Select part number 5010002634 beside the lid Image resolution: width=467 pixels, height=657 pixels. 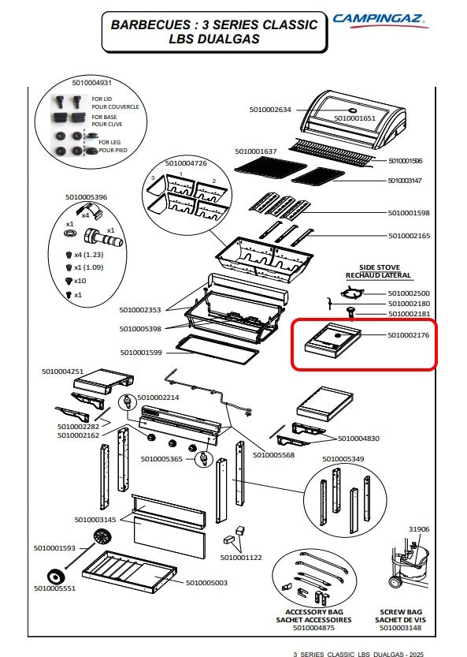270,110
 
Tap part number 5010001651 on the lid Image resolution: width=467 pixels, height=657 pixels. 354,118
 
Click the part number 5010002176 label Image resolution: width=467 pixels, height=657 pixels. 408,335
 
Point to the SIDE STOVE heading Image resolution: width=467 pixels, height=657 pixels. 379,267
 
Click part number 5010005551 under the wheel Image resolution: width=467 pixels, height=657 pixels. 55,588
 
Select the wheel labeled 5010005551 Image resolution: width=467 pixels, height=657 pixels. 55,577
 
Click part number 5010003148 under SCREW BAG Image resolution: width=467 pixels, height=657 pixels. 401,628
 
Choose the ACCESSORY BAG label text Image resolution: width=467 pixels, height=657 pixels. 314,612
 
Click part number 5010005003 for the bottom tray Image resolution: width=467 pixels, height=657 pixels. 206,583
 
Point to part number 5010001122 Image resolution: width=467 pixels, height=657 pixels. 241,558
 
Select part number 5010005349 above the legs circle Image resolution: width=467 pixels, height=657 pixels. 343,459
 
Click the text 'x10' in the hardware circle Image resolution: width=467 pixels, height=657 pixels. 80,281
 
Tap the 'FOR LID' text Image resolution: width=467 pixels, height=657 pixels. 102,99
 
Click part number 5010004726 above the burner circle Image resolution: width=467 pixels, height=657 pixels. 186,163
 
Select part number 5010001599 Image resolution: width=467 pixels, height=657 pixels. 141,353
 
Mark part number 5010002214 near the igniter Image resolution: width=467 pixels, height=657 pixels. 158,398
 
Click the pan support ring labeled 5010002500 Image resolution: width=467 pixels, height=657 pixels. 351,293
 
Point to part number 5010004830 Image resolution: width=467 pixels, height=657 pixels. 358,439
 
